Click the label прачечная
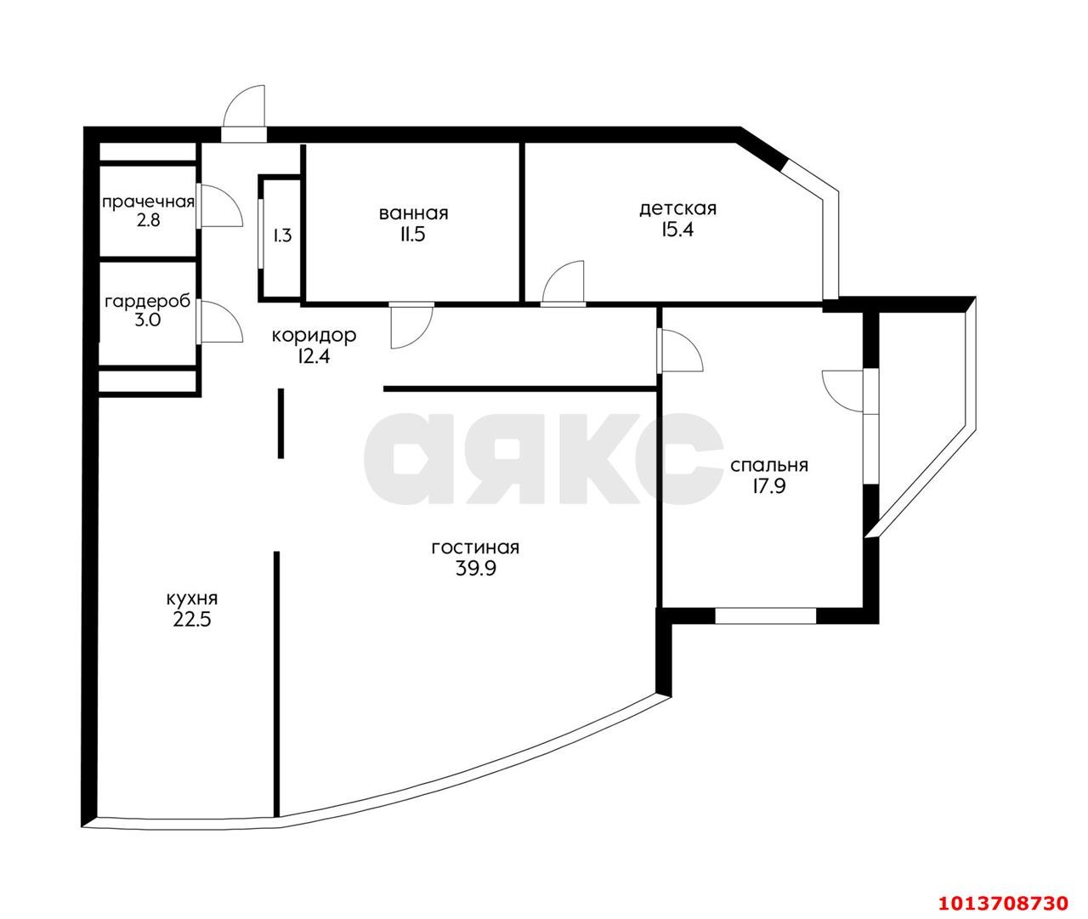point(148,201)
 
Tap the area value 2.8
point(149,220)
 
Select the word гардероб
point(148,302)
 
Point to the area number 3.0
point(148,320)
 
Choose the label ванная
point(414,213)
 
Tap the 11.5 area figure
point(413,235)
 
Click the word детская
point(678,209)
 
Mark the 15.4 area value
point(677,230)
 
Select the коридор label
point(314,336)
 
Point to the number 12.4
point(314,357)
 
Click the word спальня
point(769,466)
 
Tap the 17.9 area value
point(768,486)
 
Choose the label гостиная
point(476,547)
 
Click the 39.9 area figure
point(476,568)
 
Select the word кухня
point(192,599)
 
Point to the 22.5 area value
point(192,620)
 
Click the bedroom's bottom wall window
point(765,616)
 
